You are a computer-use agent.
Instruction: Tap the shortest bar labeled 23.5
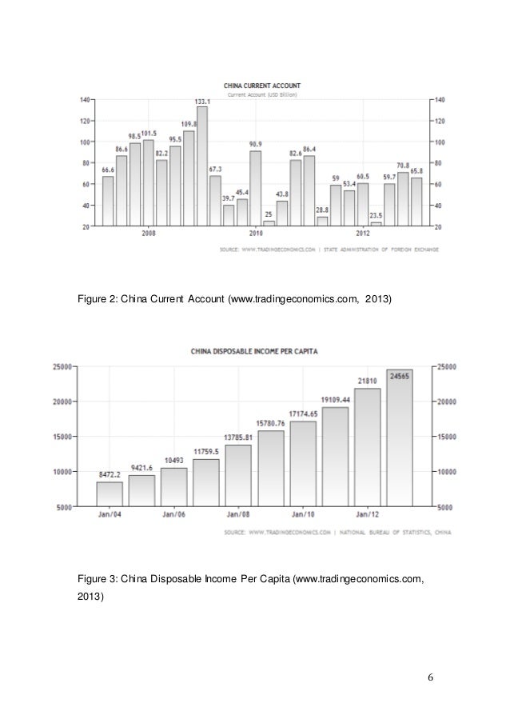376,224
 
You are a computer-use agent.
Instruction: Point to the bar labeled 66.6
108,201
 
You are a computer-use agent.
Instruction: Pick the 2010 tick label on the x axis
256,234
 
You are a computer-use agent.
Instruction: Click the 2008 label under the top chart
149,234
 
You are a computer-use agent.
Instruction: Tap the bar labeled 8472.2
110,494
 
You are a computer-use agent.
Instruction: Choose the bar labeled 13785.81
237,476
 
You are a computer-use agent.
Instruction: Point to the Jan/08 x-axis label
238,515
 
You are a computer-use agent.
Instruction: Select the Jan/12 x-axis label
369,515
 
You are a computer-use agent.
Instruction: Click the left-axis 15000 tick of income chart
63,437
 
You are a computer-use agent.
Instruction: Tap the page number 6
430,680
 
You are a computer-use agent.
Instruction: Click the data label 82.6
295,152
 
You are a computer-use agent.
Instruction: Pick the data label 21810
368,380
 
